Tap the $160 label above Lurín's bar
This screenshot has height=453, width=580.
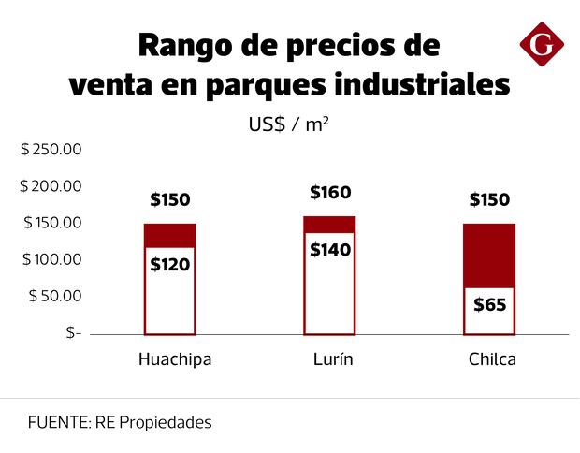tap(329, 194)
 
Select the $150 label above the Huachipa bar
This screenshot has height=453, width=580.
tap(169, 199)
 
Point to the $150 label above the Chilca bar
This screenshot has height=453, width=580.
tap(489, 199)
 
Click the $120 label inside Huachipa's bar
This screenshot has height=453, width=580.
tap(169, 264)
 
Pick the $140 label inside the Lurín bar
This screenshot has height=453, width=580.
tap(329, 250)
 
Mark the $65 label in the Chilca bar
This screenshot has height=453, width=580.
tap(489, 304)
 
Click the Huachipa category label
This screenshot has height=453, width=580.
tap(175, 359)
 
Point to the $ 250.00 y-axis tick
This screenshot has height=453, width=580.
tap(51, 150)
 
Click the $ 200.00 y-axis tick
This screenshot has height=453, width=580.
tap(51, 186)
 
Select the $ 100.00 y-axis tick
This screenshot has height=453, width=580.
tap(51, 259)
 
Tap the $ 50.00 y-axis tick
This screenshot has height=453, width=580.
tap(55, 296)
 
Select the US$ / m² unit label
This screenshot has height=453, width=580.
tap(288, 124)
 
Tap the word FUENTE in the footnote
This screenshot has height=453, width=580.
tap(57, 422)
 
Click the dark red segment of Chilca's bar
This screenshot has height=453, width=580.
tap(489, 256)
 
